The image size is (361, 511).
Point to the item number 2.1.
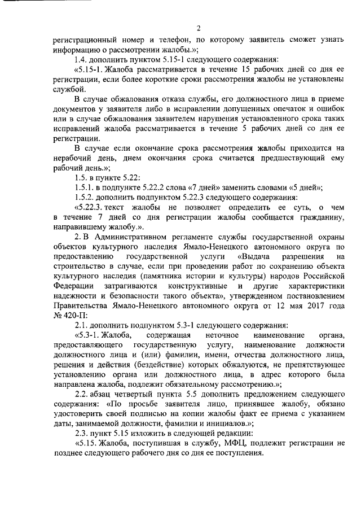(x=81, y=324)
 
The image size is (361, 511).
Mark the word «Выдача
(x=251, y=256)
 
